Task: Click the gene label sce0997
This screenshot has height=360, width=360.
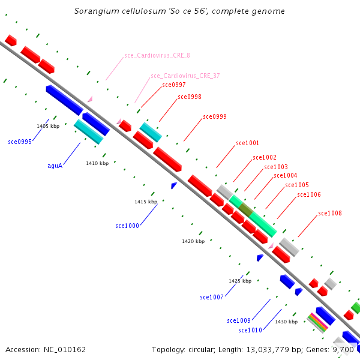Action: (x=174, y=85)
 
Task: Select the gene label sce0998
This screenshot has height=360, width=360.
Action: (x=190, y=97)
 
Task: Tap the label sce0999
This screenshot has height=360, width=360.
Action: (x=215, y=116)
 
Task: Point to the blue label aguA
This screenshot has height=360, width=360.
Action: (x=55, y=166)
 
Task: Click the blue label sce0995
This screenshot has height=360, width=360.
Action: (x=20, y=142)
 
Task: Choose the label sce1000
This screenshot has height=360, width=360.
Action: (x=127, y=226)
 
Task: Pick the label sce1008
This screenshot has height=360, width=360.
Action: (x=330, y=213)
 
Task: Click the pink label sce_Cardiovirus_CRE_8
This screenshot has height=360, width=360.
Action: (x=157, y=55)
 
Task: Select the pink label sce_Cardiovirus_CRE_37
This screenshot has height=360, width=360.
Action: (x=185, y=76)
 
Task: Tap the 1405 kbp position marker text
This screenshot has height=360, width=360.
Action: (x=48, y=126)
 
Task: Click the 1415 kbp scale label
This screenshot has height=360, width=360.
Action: (x=146, y=202)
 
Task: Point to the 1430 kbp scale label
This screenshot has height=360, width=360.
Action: (x=286, y=322)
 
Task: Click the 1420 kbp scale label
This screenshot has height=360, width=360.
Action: (x=193, y=241)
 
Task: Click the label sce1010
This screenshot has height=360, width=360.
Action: (x=250, y=330)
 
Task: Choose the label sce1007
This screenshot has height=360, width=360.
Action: (x=212, y=297)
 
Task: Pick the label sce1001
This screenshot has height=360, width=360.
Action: (x=247, y=143)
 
